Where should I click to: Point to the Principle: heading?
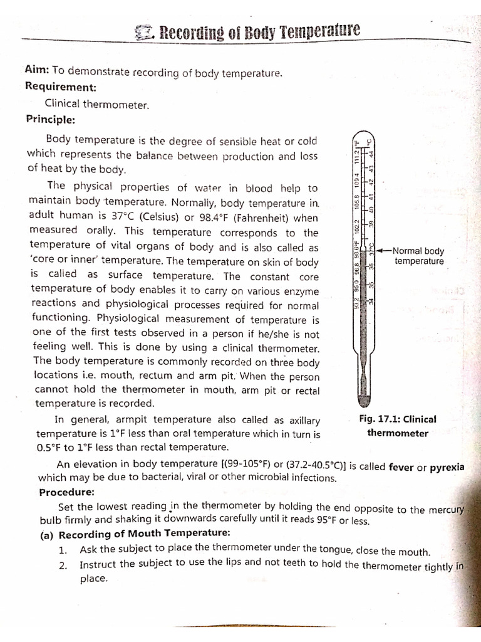click(x=50, y=118)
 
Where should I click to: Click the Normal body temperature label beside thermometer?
click(x=418, y=256)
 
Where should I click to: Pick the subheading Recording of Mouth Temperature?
click(x=144, y=533)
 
